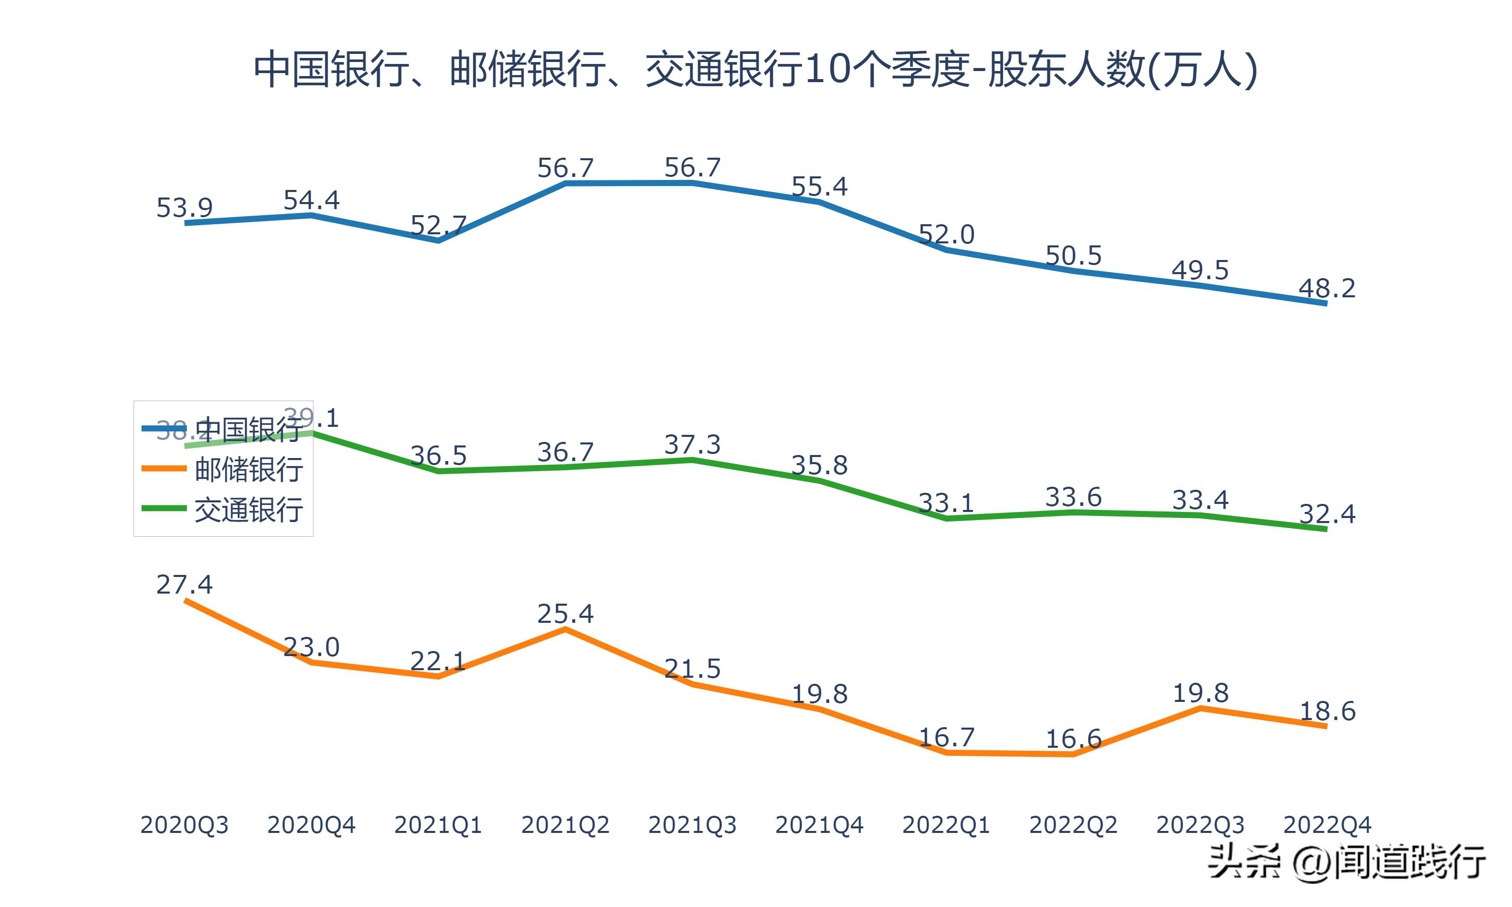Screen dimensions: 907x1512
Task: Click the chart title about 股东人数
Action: (755, 70)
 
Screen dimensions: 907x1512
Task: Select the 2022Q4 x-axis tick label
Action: (1327, 825)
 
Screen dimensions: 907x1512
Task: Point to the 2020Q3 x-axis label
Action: (184, 825)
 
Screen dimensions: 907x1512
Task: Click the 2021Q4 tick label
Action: (819, 825)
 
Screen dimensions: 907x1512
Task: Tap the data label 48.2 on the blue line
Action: (1327, 288)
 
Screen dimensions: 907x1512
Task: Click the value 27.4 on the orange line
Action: (184, 585)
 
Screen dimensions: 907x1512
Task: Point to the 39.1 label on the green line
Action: (311, 418)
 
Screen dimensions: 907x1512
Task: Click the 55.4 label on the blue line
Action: (819, 186)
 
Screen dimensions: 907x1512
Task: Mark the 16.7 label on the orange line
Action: (946, 738)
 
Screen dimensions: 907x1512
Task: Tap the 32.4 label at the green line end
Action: (1327, 514)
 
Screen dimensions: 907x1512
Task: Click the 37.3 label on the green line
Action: (692, 445)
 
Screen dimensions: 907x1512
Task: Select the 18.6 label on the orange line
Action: (1327, 711)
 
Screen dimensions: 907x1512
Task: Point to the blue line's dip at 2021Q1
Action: (438, 241)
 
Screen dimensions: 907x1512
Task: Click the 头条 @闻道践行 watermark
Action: (1346, 862)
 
